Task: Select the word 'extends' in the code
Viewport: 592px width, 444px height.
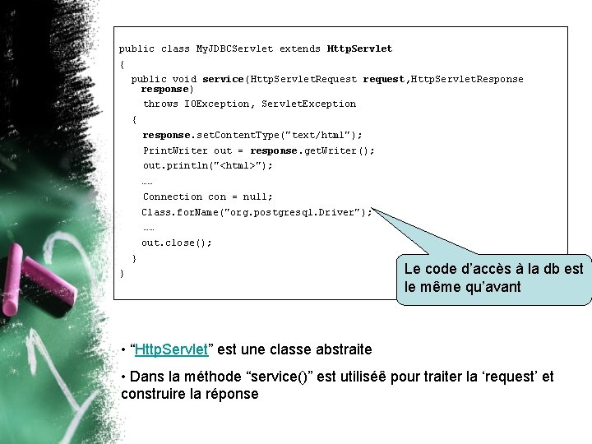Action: [300, 49]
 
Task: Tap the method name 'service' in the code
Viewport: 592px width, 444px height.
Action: [223, 79]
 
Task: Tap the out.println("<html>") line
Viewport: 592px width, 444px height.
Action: [207, 165]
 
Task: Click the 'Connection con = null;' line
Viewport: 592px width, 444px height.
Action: [207, 197]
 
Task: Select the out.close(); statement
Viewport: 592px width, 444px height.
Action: [176, 243]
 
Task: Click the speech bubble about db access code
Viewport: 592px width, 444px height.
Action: [493, 278]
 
